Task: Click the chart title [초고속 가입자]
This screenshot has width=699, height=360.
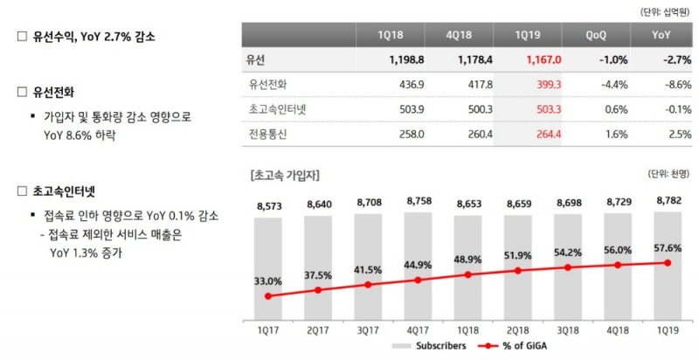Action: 283,175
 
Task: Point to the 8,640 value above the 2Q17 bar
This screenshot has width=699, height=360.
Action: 318,206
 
